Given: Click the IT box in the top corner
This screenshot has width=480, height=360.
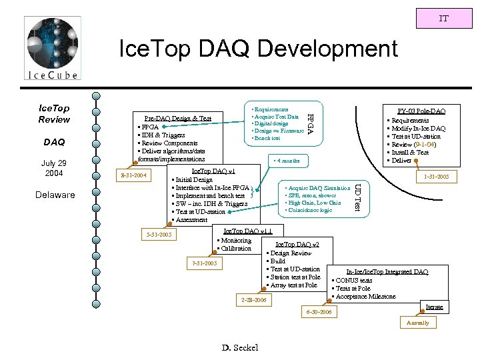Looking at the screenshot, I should click(443, 18).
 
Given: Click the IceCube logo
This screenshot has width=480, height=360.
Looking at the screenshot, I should click(52, 49).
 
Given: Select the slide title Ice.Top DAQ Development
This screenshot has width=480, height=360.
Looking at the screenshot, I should click(257, 49).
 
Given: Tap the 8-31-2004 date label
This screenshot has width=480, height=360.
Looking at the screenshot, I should click(132, 177).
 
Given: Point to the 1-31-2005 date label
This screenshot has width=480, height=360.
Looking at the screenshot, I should click(436, 177).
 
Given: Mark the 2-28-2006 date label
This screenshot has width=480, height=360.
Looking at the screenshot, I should click(253, 301).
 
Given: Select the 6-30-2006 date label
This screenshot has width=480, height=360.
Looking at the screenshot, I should click(317, 312).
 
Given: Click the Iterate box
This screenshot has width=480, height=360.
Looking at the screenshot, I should click(434, 307).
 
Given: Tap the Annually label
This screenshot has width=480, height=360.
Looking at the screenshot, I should click(418, 323).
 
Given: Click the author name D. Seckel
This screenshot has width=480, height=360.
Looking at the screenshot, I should click(239, 347).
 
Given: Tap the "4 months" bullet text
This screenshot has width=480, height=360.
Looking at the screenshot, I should click(287, 161).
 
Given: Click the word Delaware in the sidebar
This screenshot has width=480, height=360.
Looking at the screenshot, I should click(57, 195).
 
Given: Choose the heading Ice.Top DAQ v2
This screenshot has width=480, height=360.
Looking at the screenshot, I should click(297, 245).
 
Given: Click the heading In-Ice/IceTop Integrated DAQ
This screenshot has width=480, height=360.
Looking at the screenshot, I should click(387, 272).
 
